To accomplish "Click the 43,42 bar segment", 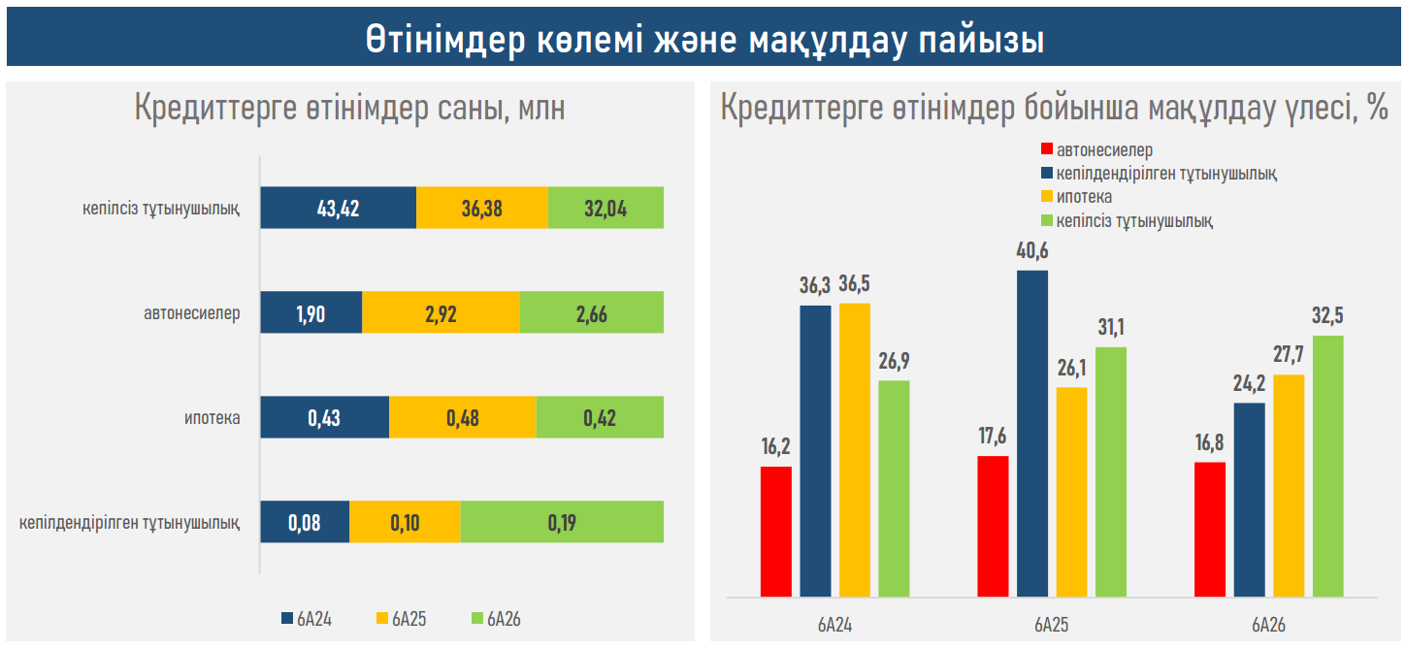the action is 339,208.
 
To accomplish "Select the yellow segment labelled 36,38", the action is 482,208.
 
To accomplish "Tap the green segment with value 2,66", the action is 592,312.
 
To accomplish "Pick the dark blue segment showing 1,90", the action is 311,312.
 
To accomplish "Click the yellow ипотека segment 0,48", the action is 463,417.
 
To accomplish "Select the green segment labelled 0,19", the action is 562,522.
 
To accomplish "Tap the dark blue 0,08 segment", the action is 305,522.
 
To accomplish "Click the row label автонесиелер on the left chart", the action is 192,313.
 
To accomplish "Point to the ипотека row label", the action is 213,418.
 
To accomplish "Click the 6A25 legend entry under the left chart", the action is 402,619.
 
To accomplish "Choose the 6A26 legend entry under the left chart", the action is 497,619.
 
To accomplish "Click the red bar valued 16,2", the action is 776,532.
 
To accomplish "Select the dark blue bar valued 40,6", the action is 1032,435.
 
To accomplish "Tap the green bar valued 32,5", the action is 1328,467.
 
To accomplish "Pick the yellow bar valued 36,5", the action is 855,450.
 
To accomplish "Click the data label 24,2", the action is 1249,383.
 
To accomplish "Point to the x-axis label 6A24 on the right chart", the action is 834,625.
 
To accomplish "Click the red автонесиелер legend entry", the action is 1097,150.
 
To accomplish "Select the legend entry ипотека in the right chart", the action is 1076,197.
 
